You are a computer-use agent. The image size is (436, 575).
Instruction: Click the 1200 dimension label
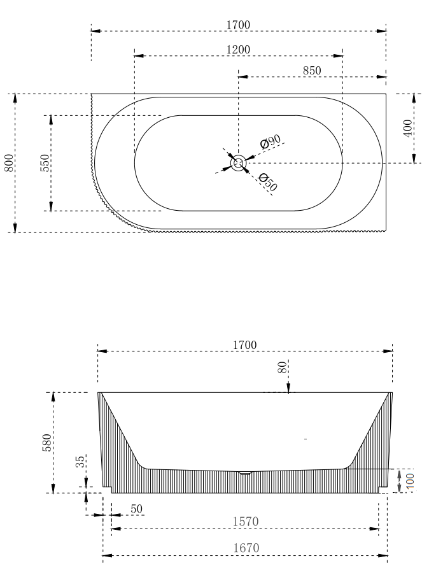pyautogui.click(x=238, y=50)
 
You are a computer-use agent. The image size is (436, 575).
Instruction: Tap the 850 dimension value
pyautogui.click(x=312, y=71)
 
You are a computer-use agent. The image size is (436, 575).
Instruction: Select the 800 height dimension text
pyautogui.click(x=10, y=162)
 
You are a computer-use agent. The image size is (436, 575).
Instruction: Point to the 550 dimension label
pyautogui.click(x=45, y=163)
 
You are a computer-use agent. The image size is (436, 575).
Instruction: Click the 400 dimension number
pyautogui.click(x=408, y=128)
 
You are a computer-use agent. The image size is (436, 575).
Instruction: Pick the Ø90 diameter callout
pyautogui.click(x=271, y=141)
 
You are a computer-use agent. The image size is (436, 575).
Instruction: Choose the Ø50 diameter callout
pyautogui.click(x=268, y=182)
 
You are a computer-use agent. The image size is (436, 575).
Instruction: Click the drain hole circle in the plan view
pyautogui.click(x=238, y=163)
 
